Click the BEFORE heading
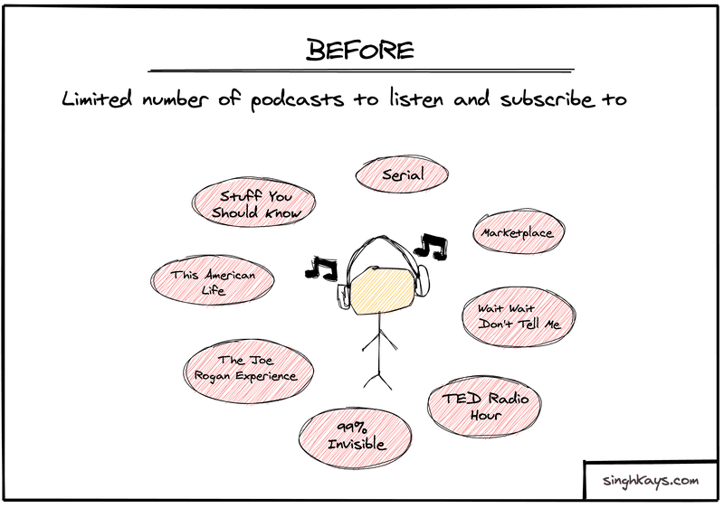coord(359,50)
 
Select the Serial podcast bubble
coord(402,174)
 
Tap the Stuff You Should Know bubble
coord(254,202)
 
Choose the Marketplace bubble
coord(518,232)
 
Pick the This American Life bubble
coord(213,280)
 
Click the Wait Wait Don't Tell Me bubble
coord(519,316)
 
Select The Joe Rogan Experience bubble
coord(248,370)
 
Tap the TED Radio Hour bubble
coord(484,405)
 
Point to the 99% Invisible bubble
coord(355,437)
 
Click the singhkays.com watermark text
coord(650,480)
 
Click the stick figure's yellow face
coord(381,291)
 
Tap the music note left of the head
coord(321,268)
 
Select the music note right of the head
coord(431,246)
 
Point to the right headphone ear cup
coord(423,281)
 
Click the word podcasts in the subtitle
coord(297,100)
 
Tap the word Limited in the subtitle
coord(97,99)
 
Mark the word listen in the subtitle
coord(415,99)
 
